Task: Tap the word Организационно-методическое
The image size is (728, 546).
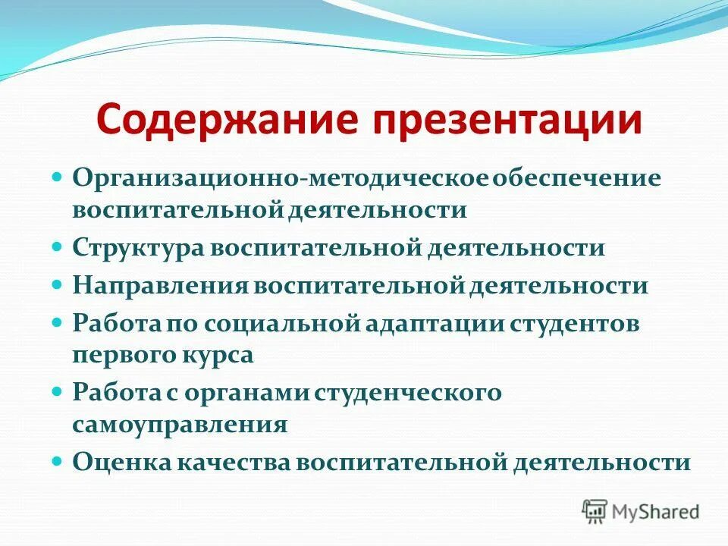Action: [x=281, y=180]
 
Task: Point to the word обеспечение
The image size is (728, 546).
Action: [x=578, y=180]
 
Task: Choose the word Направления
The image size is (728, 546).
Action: [x=160, y=286]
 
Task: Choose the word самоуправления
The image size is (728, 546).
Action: [x=180, y=424]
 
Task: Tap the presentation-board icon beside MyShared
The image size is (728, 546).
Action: [x=595, y=512]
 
